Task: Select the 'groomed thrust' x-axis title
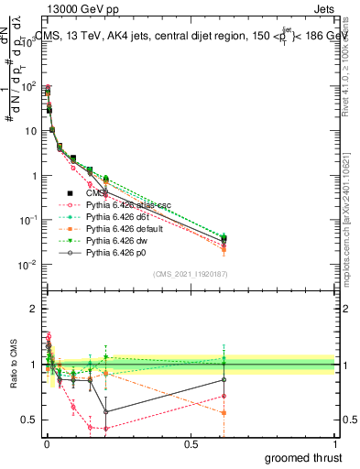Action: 303,457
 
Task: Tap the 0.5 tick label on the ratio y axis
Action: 30,420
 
